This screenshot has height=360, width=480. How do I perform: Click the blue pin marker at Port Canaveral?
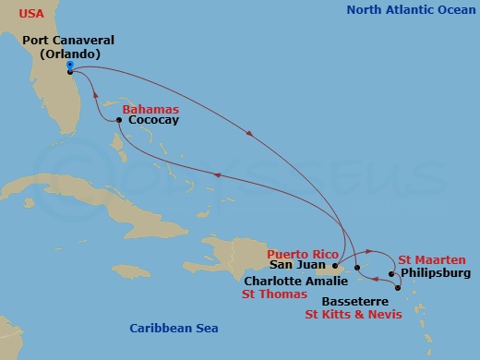(x=70, y=66)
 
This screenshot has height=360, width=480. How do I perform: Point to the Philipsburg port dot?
(x=391, y=273)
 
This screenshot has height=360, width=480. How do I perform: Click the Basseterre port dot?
(x=397, y=289)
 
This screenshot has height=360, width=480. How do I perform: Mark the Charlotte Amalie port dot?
(x=356, y=268)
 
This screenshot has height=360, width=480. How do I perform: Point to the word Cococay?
(x=154, y=121)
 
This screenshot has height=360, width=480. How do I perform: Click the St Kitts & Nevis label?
(x=353, y=314)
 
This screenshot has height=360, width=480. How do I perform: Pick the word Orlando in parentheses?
(x=68, y=54)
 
